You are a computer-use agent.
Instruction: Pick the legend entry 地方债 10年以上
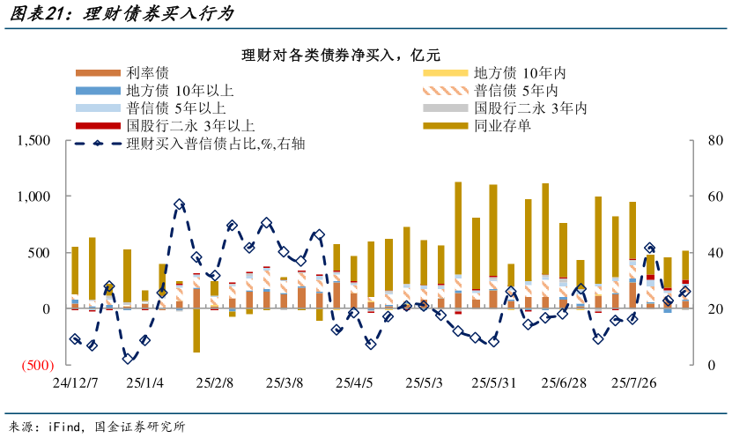180,91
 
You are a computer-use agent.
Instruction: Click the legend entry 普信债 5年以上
176,108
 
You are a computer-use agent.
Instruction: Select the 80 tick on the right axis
714,140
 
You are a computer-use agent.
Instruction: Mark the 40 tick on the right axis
714,253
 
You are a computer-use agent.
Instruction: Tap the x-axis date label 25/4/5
354,383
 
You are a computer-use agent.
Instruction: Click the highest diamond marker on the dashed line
179,204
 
